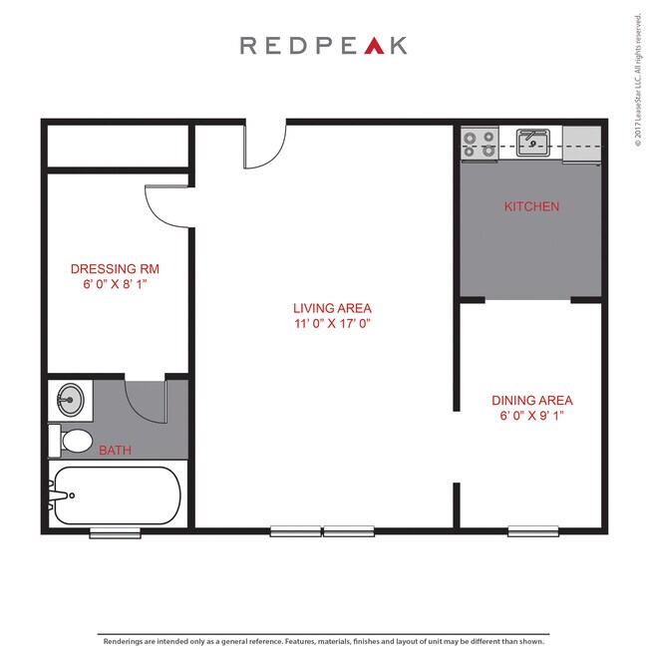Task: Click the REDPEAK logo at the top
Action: click(x=323, y=46)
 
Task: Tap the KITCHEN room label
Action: click(x=531, y=207)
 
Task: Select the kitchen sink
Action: click(x=533, y=142)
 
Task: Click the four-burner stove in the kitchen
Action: click(x=479, y=145)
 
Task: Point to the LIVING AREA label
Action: click(x=332, y=308)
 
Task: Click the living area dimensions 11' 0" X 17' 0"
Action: click(x=332, y=324)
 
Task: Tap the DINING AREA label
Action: click(x=532, y=401)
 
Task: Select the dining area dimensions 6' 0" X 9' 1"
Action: click(x=532, y=416)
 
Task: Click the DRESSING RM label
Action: click(x=115, y=269)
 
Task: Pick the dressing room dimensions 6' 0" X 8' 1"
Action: click(x=115, y=284)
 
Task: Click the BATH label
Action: click(x=115, y=451)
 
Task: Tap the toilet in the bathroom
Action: click(x=73, y=440)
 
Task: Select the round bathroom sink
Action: click(x=69, y=402)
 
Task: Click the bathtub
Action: click(x=116, y=495)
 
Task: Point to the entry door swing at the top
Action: click(x=261, y=148)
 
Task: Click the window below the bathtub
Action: click(x=115, y=533)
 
